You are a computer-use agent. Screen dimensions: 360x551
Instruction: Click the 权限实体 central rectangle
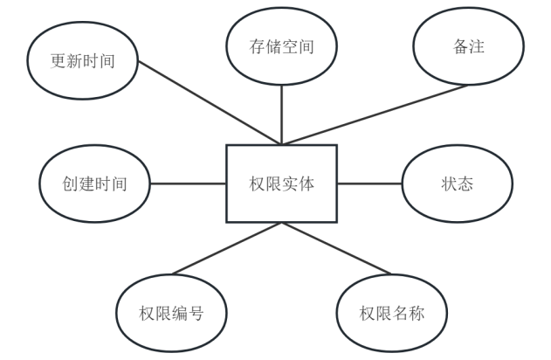tap(281, 183)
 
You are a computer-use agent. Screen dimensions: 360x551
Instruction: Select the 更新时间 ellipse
tap(83, 61)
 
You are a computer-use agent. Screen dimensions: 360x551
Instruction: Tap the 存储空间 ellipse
tap(281, 47)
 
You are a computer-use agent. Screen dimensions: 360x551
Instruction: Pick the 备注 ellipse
tap(468, 47)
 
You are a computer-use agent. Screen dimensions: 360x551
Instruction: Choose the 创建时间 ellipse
tap(95, 184)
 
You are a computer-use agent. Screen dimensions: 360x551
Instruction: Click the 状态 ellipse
tap(457, 184)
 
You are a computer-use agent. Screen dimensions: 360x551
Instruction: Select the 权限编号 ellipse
tap(171, 313)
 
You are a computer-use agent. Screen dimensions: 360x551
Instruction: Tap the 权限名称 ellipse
tap(392, 313)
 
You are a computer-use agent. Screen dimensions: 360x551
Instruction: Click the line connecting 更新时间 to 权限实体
tap(210, 103)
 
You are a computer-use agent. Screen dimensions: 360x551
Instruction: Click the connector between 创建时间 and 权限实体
tap(189, 184)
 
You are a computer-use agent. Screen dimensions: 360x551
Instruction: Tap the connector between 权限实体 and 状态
tap(369, 184)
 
